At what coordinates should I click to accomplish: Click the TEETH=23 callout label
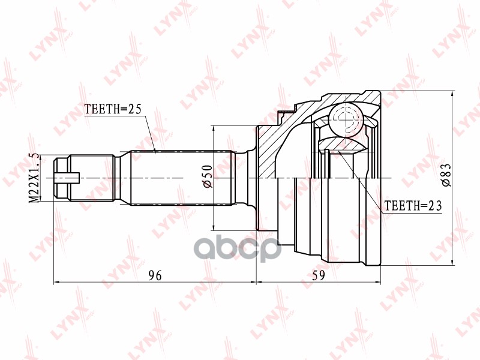pos(412,206)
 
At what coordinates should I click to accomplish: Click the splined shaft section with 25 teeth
pos(180,178)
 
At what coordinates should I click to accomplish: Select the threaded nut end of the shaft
pos(61,178)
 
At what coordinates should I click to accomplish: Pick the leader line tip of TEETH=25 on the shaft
pos(155,151)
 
